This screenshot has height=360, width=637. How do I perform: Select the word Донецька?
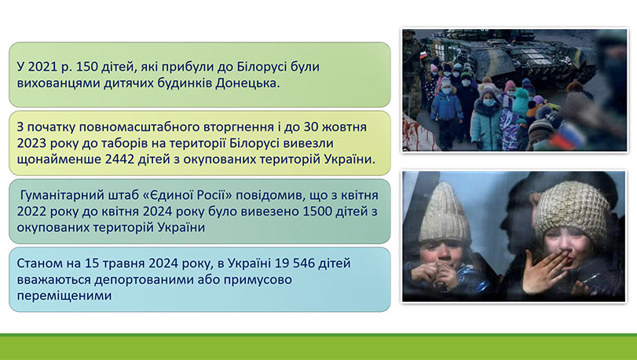pyautogui.click(x=246, y=83)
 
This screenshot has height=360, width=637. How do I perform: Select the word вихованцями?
pyautogui.click(x=55, y=83)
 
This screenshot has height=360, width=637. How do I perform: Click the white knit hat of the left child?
pyautogui.click(x=445, y=215)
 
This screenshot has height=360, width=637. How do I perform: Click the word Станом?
pyautogui.click(x=38, y=263)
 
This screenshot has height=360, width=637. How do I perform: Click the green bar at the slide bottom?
pyautogui.click(x=318, y=347)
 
